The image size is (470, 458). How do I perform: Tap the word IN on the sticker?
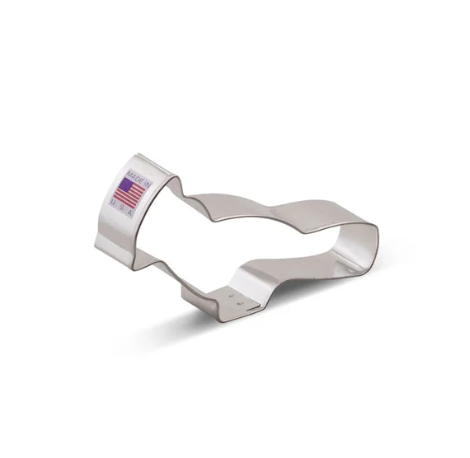pos(147,184)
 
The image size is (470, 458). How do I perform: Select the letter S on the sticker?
pos(121,207)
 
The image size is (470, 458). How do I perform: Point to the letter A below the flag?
pos(130,213)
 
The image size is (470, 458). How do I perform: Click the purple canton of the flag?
pos(125,184)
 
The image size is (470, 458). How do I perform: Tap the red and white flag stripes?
pos(130,194)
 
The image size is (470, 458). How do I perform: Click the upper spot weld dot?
pos(231,296)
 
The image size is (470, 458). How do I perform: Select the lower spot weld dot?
pos(240,303)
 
